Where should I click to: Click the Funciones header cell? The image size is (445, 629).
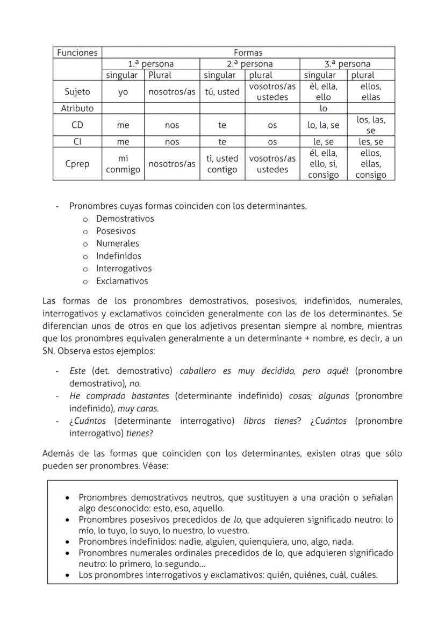click(x=77, y=53)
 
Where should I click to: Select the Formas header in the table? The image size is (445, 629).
click(x=248, y=53)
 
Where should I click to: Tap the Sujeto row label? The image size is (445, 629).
click(x=77, y=92)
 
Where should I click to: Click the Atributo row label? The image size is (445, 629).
click(x=77, y=108)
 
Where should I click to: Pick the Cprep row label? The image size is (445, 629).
click(x=77, y=164)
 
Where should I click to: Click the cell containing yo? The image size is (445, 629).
click(x=123, y=92)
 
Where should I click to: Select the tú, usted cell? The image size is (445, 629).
click(x=222, y=92)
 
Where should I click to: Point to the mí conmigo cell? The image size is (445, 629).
click(x=123, y=164)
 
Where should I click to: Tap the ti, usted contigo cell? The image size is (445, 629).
click(x=222, y=164)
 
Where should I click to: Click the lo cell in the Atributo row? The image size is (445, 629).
click(x=324, y=108)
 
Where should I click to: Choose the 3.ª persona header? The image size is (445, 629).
click(x=347, y=64)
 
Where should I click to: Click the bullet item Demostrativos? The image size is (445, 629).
click(x=125, y=219)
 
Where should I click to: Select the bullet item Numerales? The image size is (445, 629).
click(x=117, y=243)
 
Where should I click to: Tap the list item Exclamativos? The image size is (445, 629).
click(x=122, y=281)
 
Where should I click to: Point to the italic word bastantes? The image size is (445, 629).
click(x=151, y=396)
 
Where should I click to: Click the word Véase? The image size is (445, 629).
click(x=156, y=466)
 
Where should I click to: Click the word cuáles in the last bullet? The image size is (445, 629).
click(x=363, y=575)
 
